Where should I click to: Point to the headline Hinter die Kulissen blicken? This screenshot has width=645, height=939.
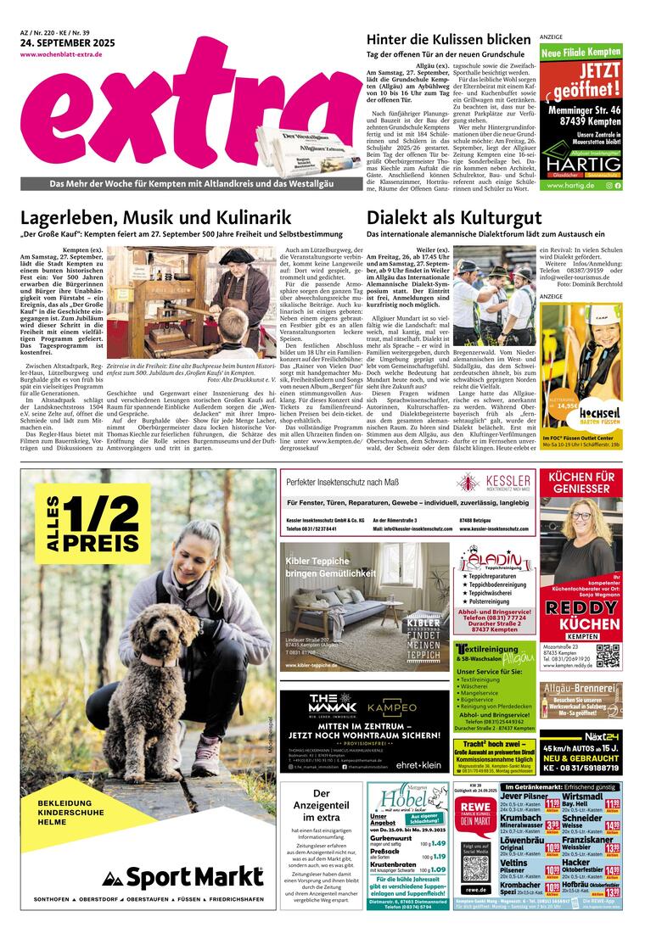click(448, 40)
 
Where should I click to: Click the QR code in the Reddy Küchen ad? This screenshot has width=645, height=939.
click(607, 656)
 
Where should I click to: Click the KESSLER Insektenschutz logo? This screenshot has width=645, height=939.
click(495, 482)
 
